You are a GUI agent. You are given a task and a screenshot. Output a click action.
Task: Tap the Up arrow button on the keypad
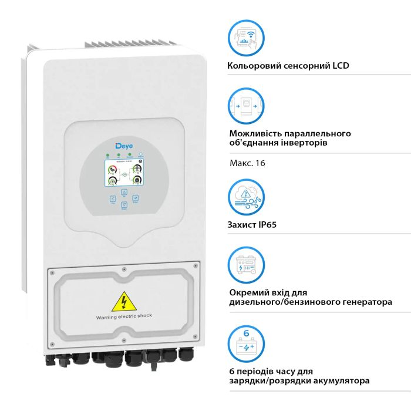[x=124, y=192]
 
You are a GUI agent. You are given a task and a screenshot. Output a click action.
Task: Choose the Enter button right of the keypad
[x=135, y=199]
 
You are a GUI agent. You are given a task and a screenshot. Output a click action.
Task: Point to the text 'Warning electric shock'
[x=124, y=316]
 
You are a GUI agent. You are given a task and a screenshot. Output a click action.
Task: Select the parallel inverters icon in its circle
[x=246, y=106]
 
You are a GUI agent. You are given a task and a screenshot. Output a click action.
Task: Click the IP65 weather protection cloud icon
[x=246, y=198]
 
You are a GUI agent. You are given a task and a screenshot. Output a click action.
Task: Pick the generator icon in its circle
[x=246, y=265]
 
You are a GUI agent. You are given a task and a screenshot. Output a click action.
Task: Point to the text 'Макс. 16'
[x=247, y=163]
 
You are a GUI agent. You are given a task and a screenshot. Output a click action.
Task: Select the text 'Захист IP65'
[x=252, y=224]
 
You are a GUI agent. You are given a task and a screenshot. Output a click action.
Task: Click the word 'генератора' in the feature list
[x=363, y=302]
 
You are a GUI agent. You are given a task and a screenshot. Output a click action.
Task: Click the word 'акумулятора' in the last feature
[x=340, y=381]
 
